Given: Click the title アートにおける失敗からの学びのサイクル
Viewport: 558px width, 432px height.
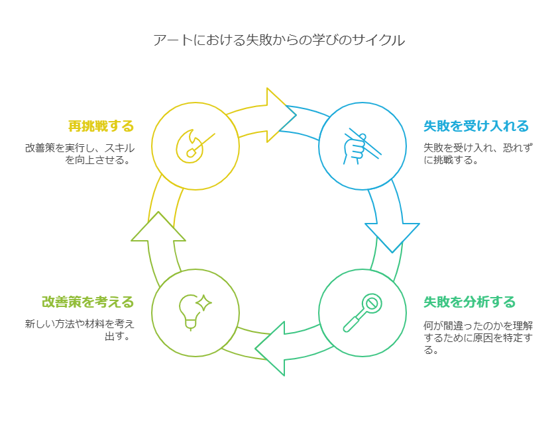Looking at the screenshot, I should pyautogui.click(x=278, y=40).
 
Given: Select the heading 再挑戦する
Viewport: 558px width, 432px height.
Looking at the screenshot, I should pyautogui.click(x=101, y=126).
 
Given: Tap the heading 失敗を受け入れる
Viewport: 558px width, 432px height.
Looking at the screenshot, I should pyautogui.click(x=476, y=126).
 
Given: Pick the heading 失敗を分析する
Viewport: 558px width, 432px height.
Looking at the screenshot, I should pyautogui.click(x=469, y=302).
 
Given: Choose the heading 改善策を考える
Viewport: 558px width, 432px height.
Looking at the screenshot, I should pyautogui.click(x=87, y=302).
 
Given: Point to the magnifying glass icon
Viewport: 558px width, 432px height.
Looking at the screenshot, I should pyautogui.click(x=363, y=312).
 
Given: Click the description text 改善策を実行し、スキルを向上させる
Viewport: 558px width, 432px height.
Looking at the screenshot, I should pyautogui.click(x=80, y=154).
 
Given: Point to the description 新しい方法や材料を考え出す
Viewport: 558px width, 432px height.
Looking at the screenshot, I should pyautogui.click(x=80, y=330).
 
